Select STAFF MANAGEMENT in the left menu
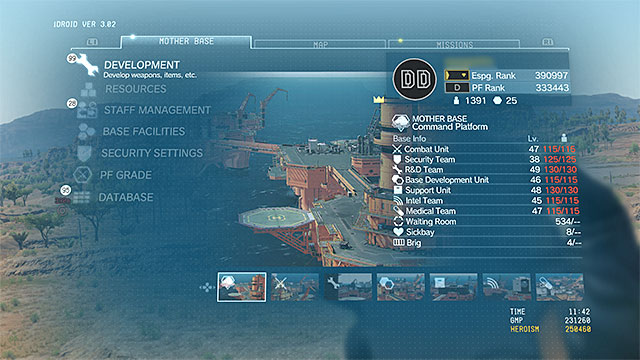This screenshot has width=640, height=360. click(157, 110)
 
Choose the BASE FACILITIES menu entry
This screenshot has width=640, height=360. click(144, 131)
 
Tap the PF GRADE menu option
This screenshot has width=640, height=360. click(126, 175)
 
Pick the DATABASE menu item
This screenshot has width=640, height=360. click(125, 197)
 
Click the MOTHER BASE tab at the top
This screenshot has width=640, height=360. click(186, 43)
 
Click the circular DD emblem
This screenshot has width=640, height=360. click(412, 79)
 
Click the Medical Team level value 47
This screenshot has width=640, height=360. click(536, 211)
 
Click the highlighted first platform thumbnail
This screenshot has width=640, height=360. click(241, 287)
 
